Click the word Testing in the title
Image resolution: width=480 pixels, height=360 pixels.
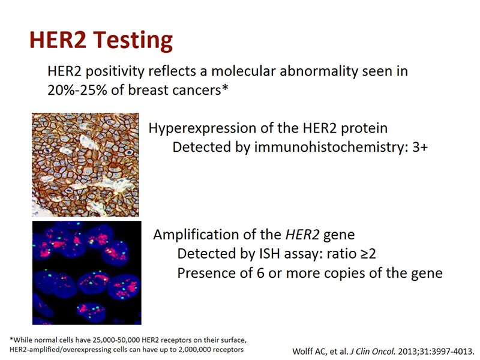click(x=133, y=41)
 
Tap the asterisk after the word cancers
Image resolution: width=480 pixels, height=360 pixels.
click(x=225, y=88)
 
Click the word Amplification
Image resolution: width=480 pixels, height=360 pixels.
click(x=196, y=235)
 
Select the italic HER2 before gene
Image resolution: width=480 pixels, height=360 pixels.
click(x=302, y=235)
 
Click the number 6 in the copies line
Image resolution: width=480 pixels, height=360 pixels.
click(x=260, y=274)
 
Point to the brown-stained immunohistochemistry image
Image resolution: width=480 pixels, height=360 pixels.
click(x=85, y=165)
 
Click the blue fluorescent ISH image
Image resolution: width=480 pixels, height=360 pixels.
click(x=87, y=273)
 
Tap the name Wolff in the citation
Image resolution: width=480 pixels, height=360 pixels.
click(x=303, y=351)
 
